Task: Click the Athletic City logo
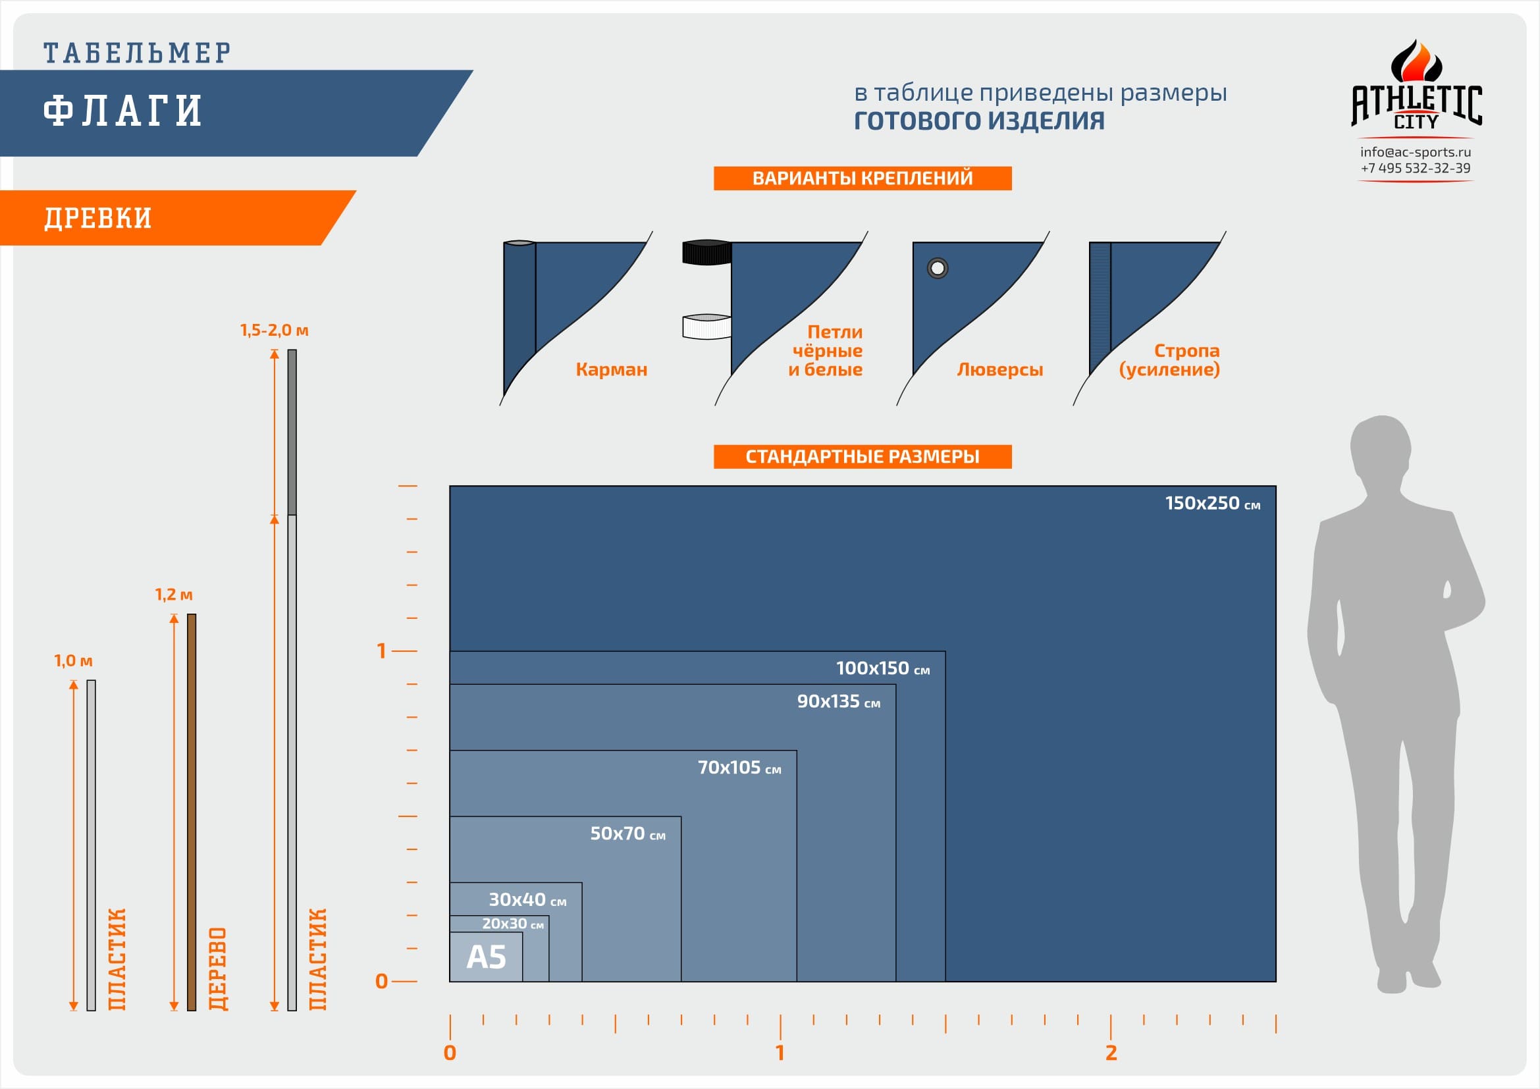pos(1416,84)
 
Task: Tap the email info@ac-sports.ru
pos(1416,152)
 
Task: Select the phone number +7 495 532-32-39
pos(1416,169)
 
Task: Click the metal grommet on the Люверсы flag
pos(937,268)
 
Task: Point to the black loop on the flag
pos(707,252)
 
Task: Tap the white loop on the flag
pos(707,327)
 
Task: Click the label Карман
pos(611,369)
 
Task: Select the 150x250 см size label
pos(1213,503)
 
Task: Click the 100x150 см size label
pos(883,668)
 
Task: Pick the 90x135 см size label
pos(838,701)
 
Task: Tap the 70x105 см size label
pos(739,767)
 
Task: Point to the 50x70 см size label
pos(628,834)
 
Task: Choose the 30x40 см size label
pos(527,899)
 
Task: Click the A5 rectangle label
pos(487,957)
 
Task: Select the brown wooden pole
pos(192,812)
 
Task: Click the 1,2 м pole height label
pos(174,595)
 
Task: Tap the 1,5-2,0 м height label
pos(275,330)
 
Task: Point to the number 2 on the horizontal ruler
pos(1111,1053)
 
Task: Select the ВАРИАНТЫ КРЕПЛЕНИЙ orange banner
pos(863,178)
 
